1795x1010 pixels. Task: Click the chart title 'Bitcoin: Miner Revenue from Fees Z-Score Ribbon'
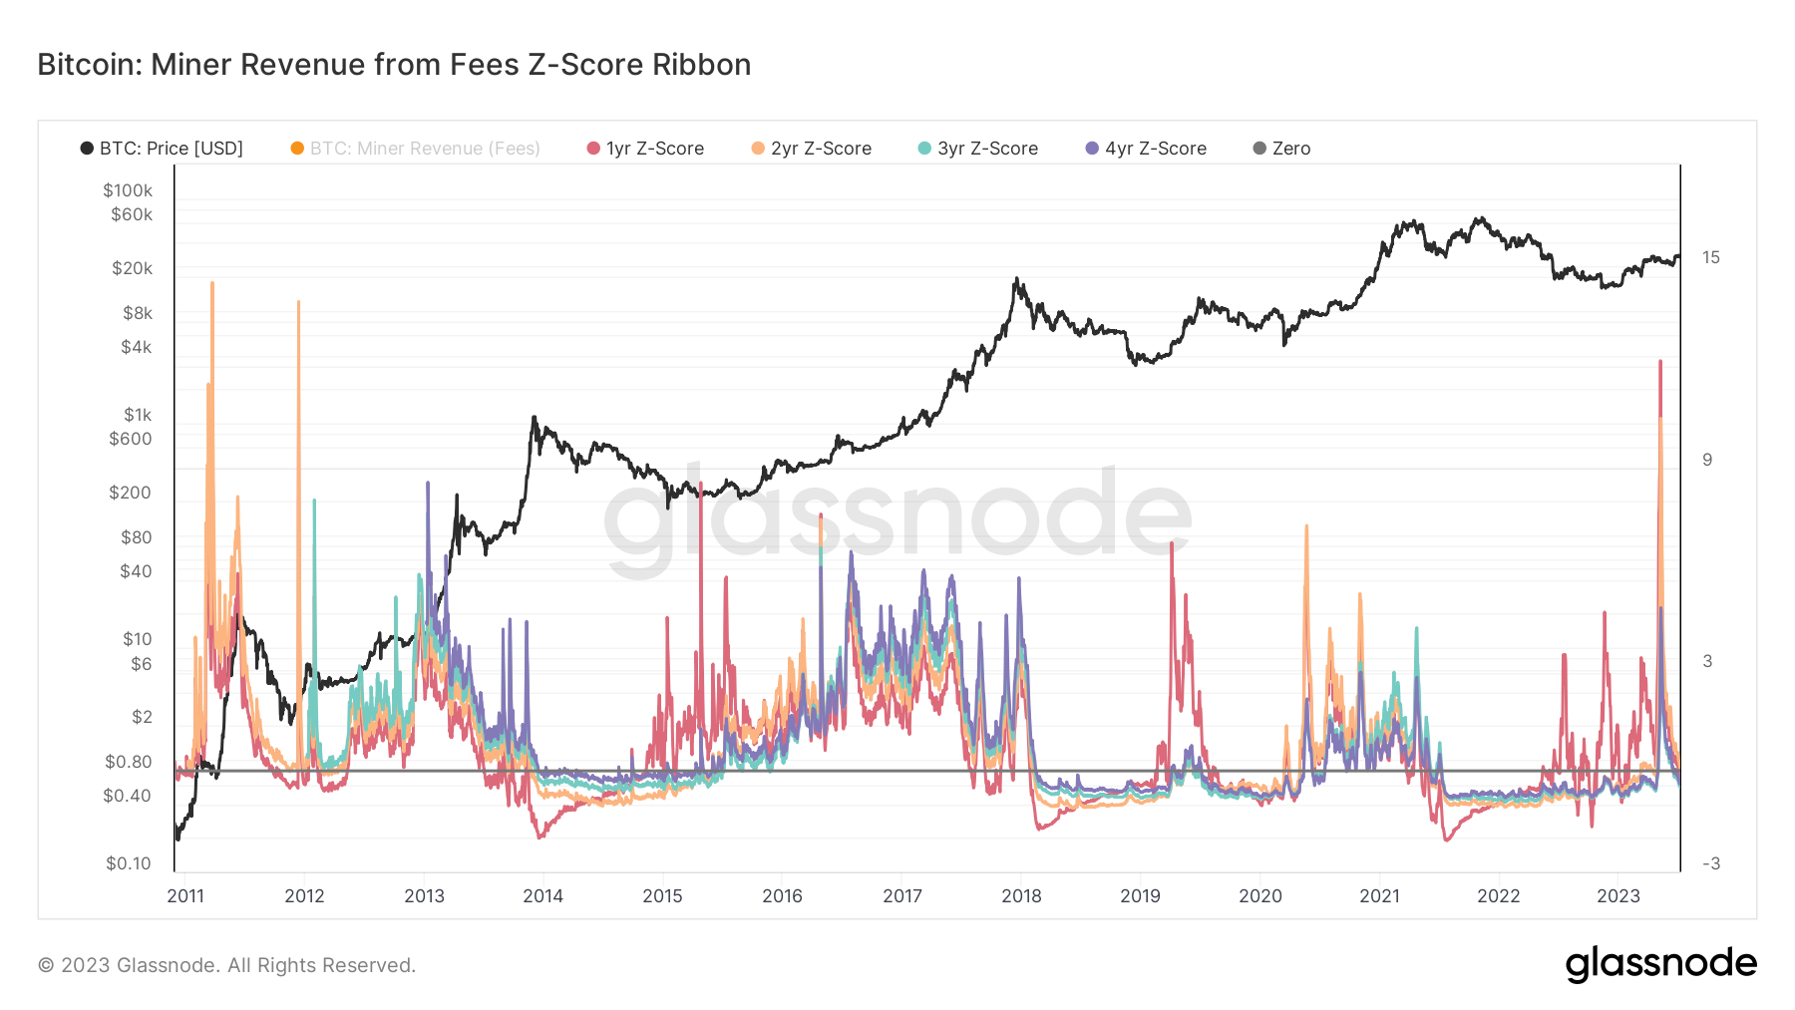pyautogui.click(x=394, y=65)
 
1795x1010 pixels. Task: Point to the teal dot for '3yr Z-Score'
pyautogui.click(x=924, y=149)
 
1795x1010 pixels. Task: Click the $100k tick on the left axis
pyautogui.click(x=128, y=190)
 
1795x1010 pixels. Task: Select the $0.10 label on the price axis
pyautogui.click(x=129, y=863)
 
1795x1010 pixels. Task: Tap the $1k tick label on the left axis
pyautogui.click(x=138, y=415)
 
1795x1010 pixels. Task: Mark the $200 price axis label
pyautogui.click(x=130, y=493)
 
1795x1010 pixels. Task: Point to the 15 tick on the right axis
pyautogui.click(x=1710, y=257)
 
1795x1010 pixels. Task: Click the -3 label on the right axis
pyautogui.click(x=1710, y=863)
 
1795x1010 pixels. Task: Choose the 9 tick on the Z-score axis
pyautogui.click(x=1707, y=460)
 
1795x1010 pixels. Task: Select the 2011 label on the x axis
pyautogui.click(x=185, y=895)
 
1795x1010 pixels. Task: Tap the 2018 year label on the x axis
pyautogui.click(x=1021, y=895)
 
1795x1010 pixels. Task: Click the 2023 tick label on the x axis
pyautogui.click(x=1617, y=895)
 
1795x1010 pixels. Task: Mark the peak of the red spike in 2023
pyautogui.click(x=1659, y=361)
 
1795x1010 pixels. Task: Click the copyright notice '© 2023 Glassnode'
pyautogui.click(x=226, y=965)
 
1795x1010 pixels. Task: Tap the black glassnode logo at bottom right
pyautogui.click(x=1660, y=964)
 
